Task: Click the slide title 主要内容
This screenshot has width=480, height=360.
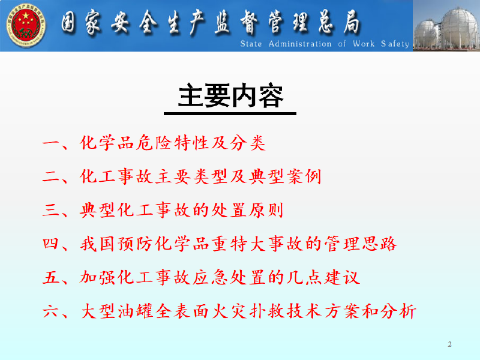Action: tap(230, 96)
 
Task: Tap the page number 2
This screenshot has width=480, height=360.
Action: tap(449, 344)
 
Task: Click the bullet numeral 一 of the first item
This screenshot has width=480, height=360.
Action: tap(53, 144)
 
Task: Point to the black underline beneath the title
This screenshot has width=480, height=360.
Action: tap(230, 114)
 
